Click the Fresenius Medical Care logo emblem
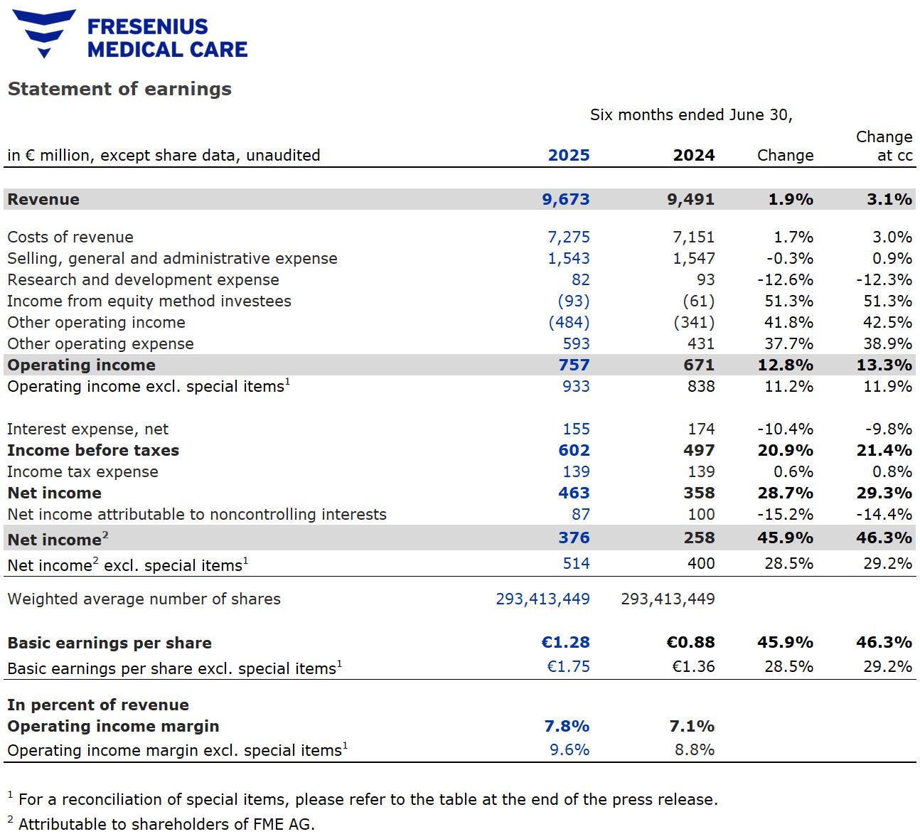pyautogui.click(x=44, y=33)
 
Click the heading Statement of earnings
pyautogui.click(x=119, y=89)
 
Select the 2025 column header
pyautogui.click(x=568, y=155)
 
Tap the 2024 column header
pyautogui.click(x=693, y=155)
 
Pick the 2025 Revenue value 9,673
pyautogui.click(x=566, y=199)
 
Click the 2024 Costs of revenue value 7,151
pyautogui.click(x=693, y=237)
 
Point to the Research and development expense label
pyautogui.click(x=143, y=279)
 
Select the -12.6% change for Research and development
pyautogui.click(x=785, y=279)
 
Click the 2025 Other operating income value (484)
pyautogui.click(x=569, y=322)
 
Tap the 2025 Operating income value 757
pyautogui.click(x=574, y=365)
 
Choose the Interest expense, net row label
pyautogui.click(x=88, y=429)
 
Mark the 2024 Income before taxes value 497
pyautogui.click(x=699, y=450)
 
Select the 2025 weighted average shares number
pyautogui.click(x=542, y=599)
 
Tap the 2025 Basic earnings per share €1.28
pyautogui.click(x=565, y=642)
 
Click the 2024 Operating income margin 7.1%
pyautogui.click(x=690, y=726)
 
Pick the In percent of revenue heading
pyautogui.click(x=98, y=705)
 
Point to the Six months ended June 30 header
pyautogui.click(x=690, y=114)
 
